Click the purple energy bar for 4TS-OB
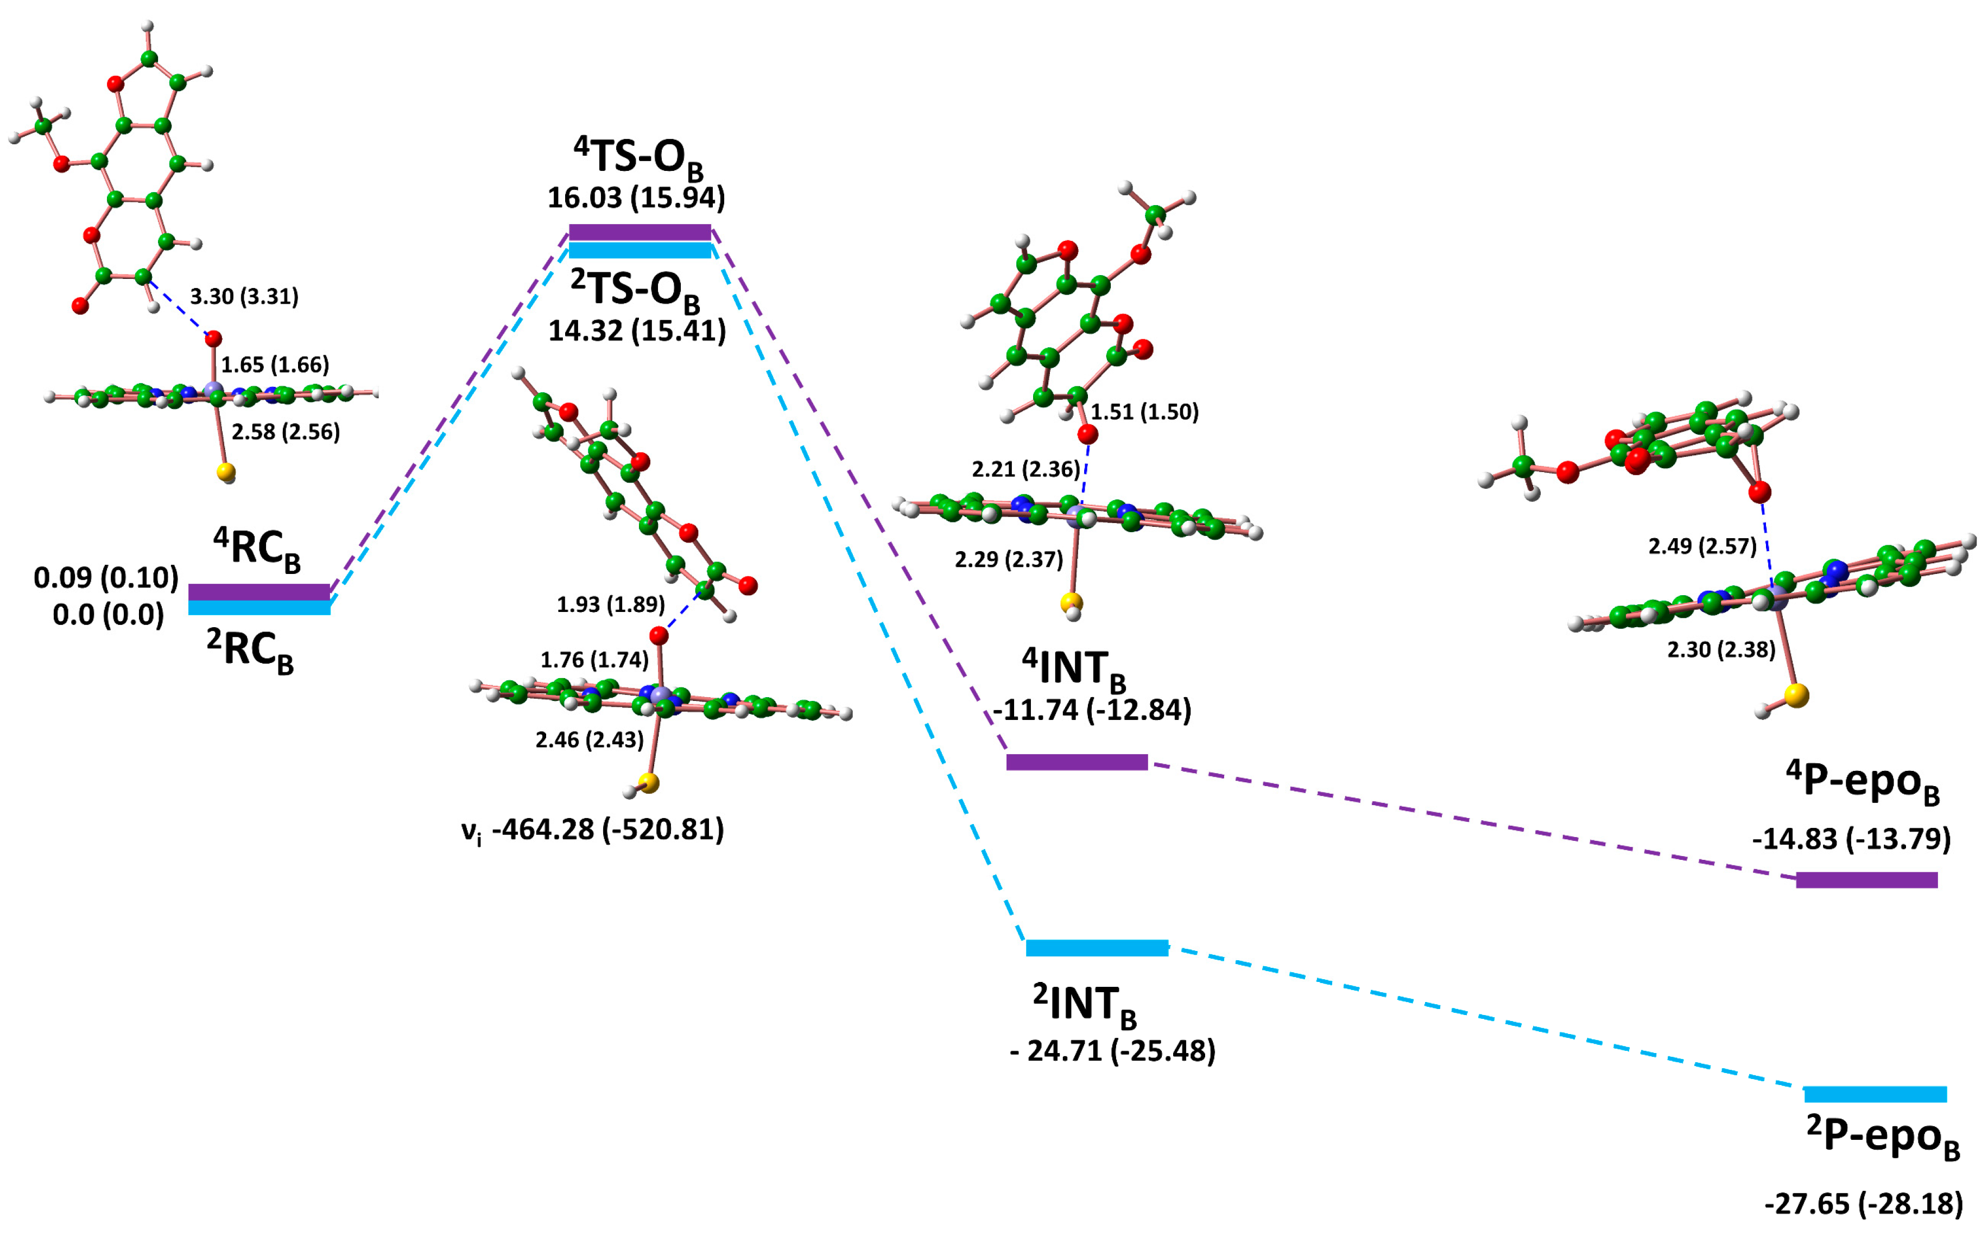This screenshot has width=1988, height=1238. (x=640, y=232)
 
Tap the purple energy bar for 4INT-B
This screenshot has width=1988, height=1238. (x=1077, y=762)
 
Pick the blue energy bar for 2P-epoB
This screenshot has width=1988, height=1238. (x=1876, y=1094)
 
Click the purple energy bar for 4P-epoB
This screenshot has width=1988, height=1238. (x=1867, y=880)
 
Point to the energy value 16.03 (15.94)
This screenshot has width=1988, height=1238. (x=636, y=197)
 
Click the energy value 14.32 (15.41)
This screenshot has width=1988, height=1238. (x=636, y=331)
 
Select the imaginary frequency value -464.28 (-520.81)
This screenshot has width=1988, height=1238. (x=609, y=829)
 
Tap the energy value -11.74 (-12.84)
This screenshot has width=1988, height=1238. (x=1092, y=709)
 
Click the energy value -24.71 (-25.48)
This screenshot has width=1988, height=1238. (x=1112, y=1050)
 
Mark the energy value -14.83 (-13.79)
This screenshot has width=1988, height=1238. (x=1851, y=839)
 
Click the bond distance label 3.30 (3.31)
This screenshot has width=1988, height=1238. (x=244, y=296)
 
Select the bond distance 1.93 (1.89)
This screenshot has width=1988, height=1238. (x=610, y=604)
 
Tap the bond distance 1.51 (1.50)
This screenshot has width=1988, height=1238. (x=1144, y=411)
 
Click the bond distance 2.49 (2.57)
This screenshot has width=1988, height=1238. (x=1702, y=546)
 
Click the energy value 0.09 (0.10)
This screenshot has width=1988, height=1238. (x=106, y=578)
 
